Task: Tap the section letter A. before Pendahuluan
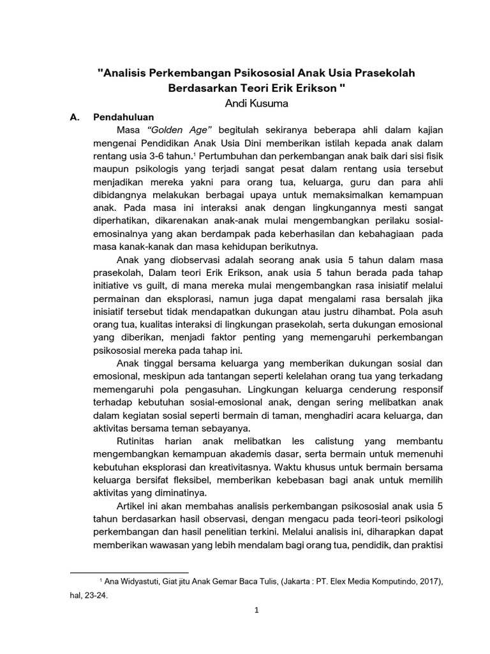(73, 118)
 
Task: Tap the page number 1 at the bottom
(256, 611)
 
